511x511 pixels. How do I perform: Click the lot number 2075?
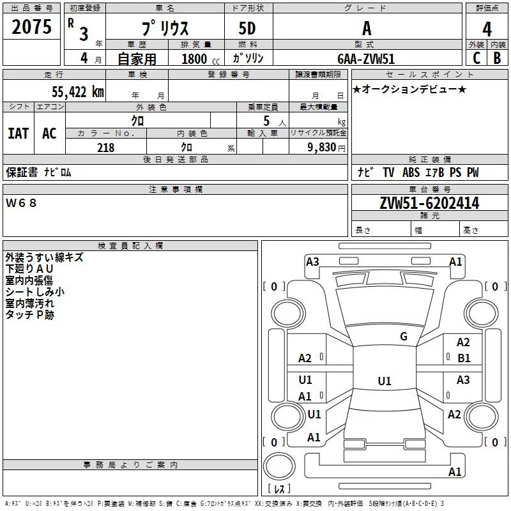(x=31, y=27)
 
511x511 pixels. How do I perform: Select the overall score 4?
(x=487, y=29)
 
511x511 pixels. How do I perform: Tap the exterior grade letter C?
(x=477, y=58)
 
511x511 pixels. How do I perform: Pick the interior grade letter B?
(x=497, y=58)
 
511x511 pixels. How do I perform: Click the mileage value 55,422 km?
(x=78, y=91)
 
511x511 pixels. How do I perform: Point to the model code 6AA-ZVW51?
(x=366, y=59)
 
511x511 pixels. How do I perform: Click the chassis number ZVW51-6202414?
(x=429, y=203)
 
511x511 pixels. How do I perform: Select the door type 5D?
(x=247, y=28)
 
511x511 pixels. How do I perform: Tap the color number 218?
(x=105, y=148)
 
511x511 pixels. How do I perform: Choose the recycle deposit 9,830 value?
(x=322, y=148)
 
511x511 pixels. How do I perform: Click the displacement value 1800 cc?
(x=201, y=59)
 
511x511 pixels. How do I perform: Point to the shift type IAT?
(x=19, y=133)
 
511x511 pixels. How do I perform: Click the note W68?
(x=21, y=203)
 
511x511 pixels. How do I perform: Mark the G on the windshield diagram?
(x=404, y=337)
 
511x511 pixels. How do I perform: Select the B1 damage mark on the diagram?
(x=464, y=358)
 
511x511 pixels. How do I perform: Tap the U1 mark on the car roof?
(x=385, y=381)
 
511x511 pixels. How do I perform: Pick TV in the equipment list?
(x=388, y=172)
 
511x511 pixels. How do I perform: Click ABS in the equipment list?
(x=411, y=172)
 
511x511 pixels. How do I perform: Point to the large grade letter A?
(x=367, y=28)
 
